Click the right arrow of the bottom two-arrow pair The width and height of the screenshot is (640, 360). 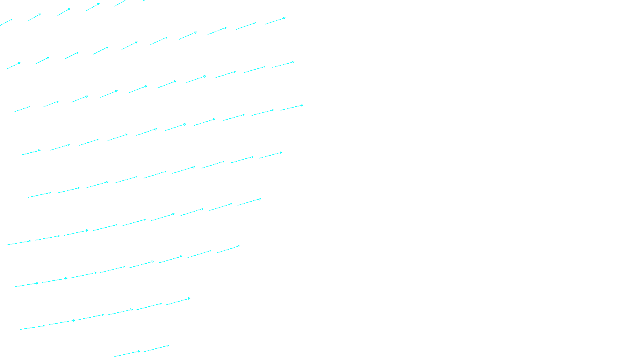click(x=156, y=348)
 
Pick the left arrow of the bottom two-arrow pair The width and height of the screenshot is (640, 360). click(x=127, y=354)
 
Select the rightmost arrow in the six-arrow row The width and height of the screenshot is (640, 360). click(x=178, y=301)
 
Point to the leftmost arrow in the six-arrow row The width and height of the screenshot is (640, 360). click(x=32, y=328)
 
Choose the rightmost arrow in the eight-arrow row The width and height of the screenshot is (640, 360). click(x=228, y=249)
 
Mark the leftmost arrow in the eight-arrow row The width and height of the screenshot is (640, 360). click(x=26, y=285)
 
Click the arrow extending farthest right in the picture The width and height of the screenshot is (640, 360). click(x=292, y=107)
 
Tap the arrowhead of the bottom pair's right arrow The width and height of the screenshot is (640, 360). click(x=168, y=346)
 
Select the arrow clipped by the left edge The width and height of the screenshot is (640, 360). click(x=6, y=22)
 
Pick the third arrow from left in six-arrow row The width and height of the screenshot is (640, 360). click(x=91, y=317)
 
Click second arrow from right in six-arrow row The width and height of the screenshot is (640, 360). click(x=149, y=306)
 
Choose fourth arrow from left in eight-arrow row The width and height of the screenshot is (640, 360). click(x=112, y=270)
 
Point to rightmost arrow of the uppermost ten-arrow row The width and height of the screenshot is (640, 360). click(x=275, y=21)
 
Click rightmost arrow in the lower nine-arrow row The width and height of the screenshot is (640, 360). click(x=249, y=202)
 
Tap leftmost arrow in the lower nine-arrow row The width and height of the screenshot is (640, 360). click(x=18, y=243)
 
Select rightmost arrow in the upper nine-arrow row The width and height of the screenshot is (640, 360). click(x=271, y=155)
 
